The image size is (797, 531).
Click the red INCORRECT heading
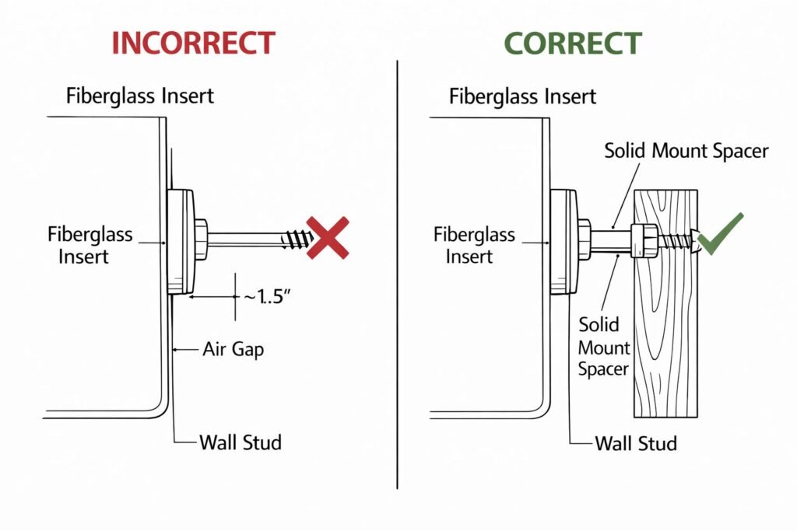coord(193,43)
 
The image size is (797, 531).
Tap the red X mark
coord(328,238)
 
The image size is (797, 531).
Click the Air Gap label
coord(233,349)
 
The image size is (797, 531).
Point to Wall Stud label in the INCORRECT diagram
coord(240,443)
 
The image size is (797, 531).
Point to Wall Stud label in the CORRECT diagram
coord(635,444)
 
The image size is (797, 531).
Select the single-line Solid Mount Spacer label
coord(686,150)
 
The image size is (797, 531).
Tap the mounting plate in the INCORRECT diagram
coord(181,242)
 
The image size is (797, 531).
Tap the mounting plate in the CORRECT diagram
coord(564,241)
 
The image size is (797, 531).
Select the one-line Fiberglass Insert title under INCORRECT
coord(139,96)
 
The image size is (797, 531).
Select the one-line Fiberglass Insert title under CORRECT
coord(522,96)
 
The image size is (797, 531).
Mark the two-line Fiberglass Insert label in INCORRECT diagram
coord(90,244)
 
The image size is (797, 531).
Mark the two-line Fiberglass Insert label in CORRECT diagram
coord(474,244)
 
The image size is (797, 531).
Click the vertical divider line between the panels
coord(398,272)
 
